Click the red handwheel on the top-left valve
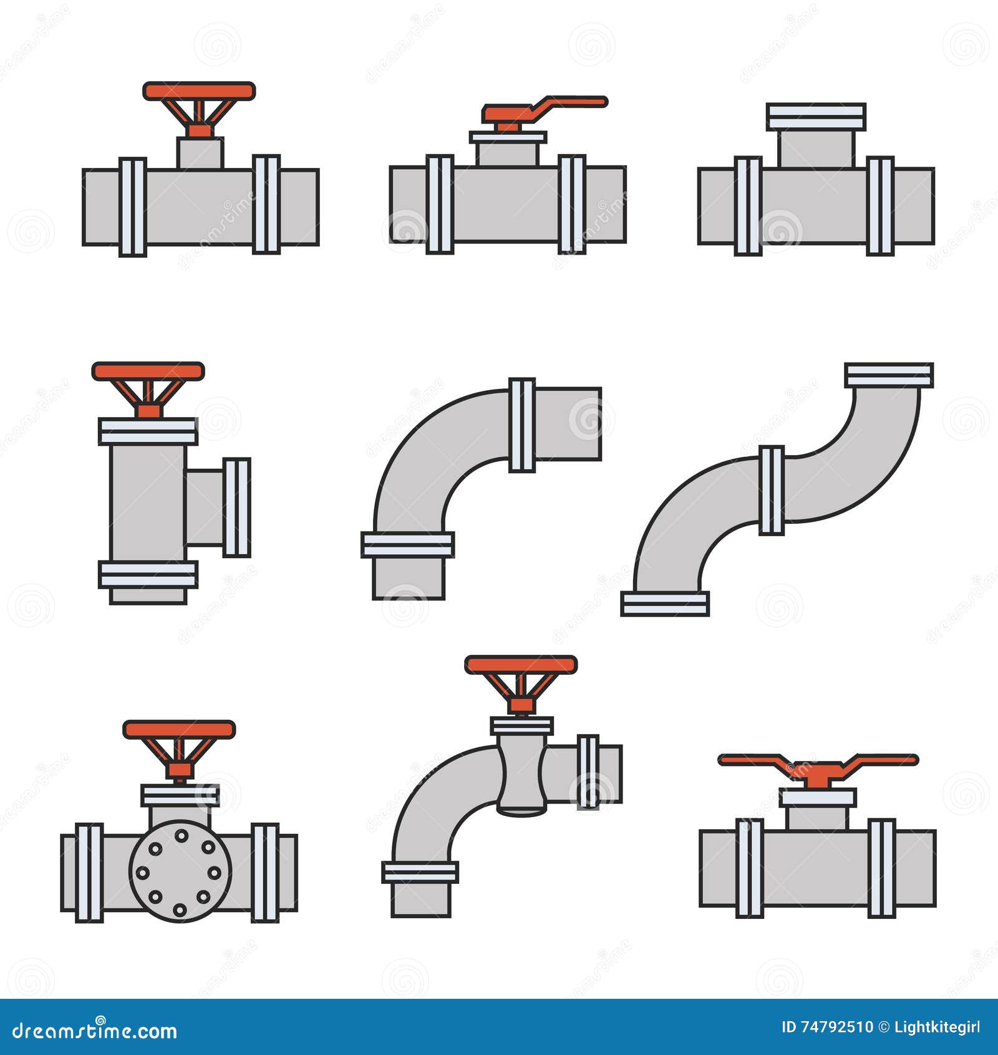tap(199, 91)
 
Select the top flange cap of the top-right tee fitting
tap(816, 117)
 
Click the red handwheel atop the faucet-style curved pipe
tap(521, 665)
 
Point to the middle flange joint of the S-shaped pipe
tap(772, 491)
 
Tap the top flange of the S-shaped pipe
tap(889, 375)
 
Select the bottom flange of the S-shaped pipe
tap(665, 604)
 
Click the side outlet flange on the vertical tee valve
tap(237, 508)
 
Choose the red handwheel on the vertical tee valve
tap(148, 371)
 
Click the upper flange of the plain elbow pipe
tap(522, 425)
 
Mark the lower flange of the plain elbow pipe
tap(407, 545)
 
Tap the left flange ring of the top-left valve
tap(132, 207)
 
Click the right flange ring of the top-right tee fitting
tap(880, 207)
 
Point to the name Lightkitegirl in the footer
tap(937, 1028)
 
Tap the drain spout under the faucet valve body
tap(522, 810)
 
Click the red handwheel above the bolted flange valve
tap(179, 730)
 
